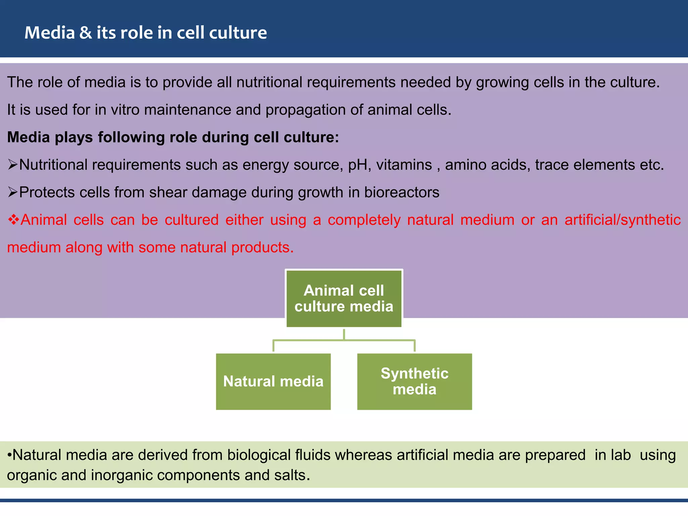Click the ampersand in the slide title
(86, 33)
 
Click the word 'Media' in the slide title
(49, 33)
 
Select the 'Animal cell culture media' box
(344, 298)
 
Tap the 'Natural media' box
(273, 382)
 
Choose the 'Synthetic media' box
(414, 382)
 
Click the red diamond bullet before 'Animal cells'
(13, 220)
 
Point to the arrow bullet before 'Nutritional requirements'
(12, 165)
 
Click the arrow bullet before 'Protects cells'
(12, 192)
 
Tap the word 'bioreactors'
(402, 192)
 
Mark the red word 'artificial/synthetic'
(622, 220)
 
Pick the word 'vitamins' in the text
(404, 165)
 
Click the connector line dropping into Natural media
(273, 346)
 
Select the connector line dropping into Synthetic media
(415, 346)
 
